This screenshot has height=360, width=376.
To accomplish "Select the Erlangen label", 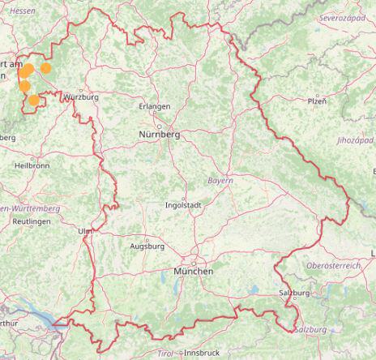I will click(154, 106).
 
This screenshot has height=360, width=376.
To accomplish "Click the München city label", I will click(193, 271).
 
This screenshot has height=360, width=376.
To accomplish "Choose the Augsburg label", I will click(147, 246).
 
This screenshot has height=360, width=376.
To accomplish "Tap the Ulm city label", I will click(85, 231).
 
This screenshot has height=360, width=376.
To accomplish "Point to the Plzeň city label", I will click(317, 101).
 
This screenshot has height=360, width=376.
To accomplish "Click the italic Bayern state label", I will click(220, 180).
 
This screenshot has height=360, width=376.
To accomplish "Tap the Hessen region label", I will click(22, 10).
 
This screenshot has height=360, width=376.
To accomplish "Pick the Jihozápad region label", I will click(355, 140).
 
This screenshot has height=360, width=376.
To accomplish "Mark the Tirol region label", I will click(165, 354).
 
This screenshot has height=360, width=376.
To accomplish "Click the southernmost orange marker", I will click(33, 101).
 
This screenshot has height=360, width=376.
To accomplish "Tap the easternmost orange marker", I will click(46, 68).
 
